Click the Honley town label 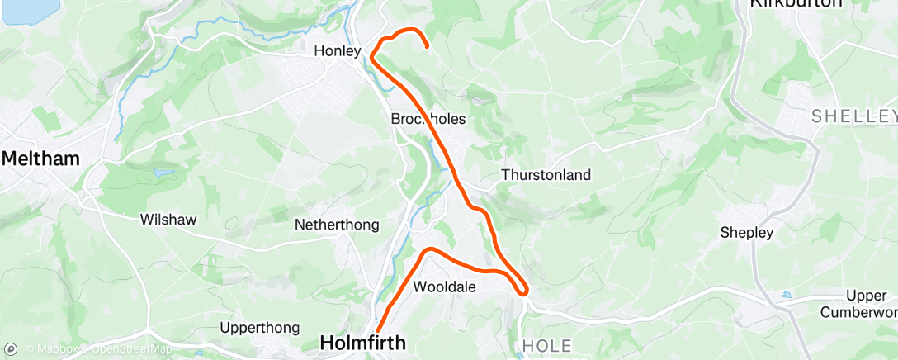tap(338, 51)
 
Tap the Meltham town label tap(40, 159)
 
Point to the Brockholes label tap(428, 119)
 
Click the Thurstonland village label tap(546, 175)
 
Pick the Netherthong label tap(337, 224)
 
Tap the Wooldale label tap(444, 287)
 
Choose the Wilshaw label tap(168, 220)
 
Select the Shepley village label tap(747, 233)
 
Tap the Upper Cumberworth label tap(863, 304)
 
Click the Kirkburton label tap(796, 4)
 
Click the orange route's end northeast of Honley tap(427, 47)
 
